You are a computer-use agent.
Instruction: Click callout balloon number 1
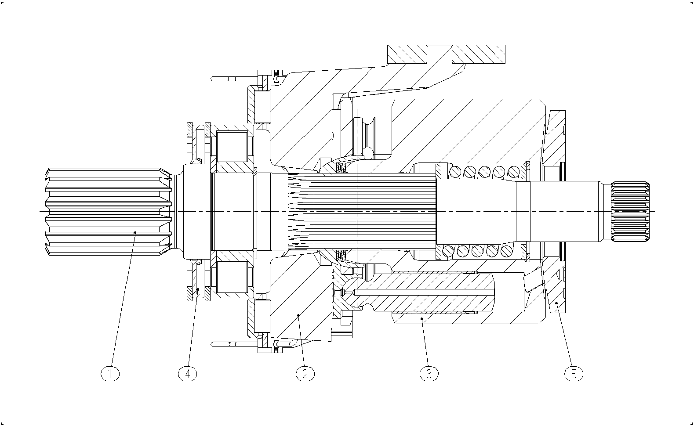pos(110,374)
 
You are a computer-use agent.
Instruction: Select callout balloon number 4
pos(187,374)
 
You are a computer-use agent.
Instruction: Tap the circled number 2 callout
pos(305,374)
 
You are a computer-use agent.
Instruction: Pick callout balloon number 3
pos(429,374)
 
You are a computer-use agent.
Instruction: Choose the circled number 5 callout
pos(574,374)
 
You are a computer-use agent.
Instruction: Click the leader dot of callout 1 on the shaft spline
pos(135,232)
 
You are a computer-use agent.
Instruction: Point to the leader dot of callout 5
pos(556,303)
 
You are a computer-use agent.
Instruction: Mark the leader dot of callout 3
pos(421,318)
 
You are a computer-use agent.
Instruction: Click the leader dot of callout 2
pos(298,315)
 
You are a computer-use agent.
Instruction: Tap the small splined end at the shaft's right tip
pos(630,211)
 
